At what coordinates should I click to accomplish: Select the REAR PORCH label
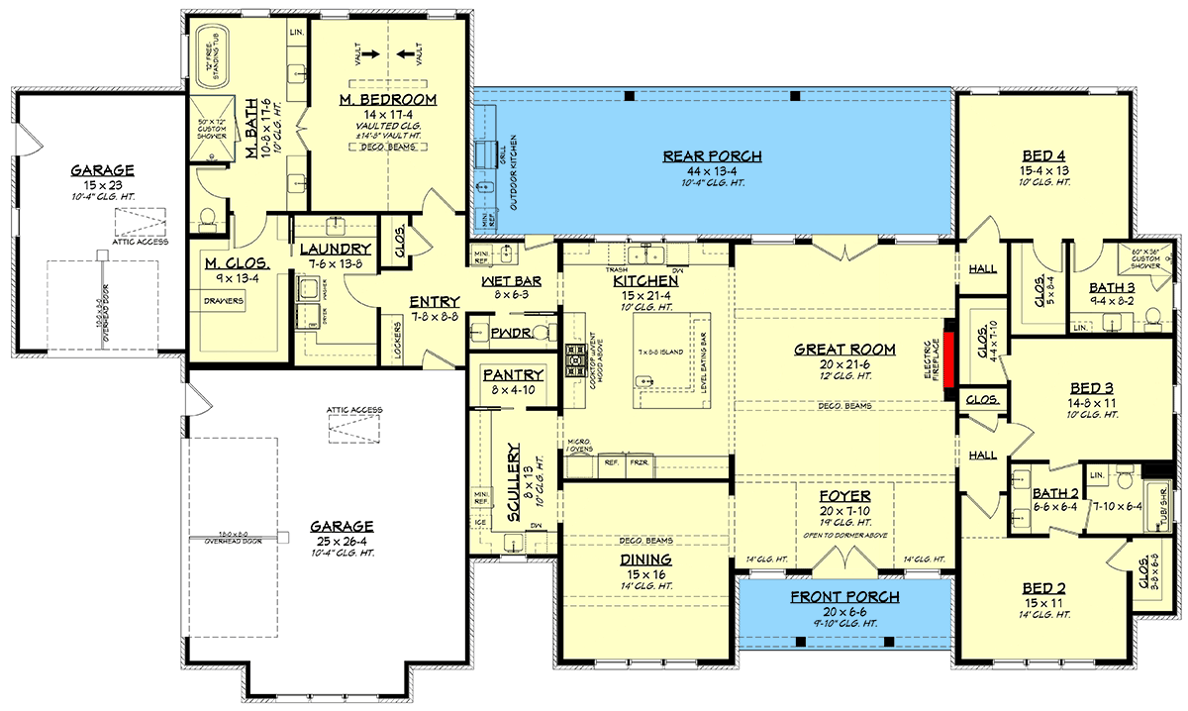tap(712, 155)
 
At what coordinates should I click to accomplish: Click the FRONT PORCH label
tap(844, 597)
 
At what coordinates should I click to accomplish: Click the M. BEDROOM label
tap(387, 100)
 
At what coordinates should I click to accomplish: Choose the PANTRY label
tap(512, 374)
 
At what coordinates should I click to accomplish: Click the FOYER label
tap(844, 495)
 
